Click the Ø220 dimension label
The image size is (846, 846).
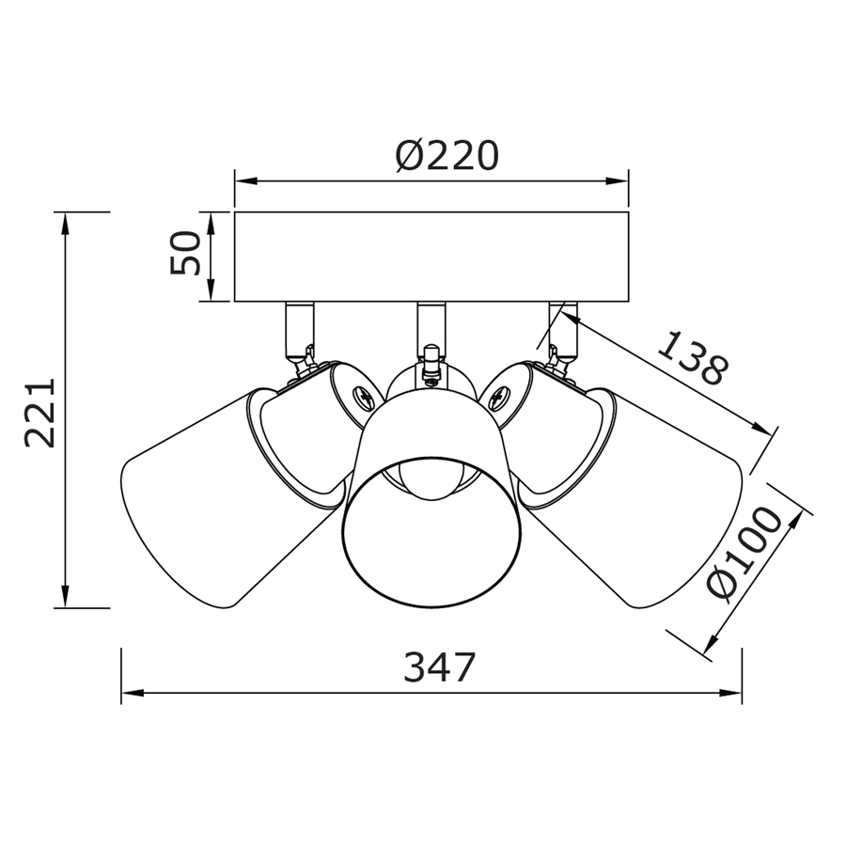[446, 156]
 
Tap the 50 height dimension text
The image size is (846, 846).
[185, 253]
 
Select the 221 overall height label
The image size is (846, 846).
[41, 413]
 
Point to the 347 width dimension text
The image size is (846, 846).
[440, 667]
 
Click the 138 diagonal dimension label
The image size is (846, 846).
[695, 358]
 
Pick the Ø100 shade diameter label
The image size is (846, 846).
[744, 554]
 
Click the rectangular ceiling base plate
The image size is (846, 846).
[431, 257]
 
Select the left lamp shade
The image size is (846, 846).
[232, 496]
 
